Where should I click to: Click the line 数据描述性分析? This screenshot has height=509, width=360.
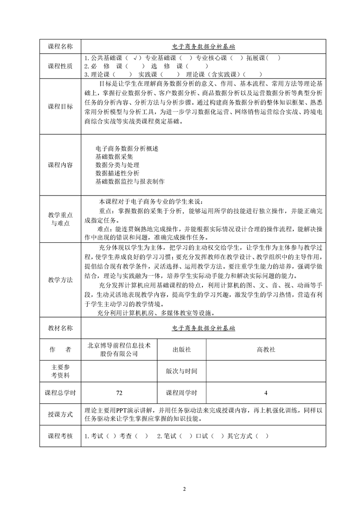click(x=118, y=173)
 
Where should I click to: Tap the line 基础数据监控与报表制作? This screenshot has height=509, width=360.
click(x=130, y=181)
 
